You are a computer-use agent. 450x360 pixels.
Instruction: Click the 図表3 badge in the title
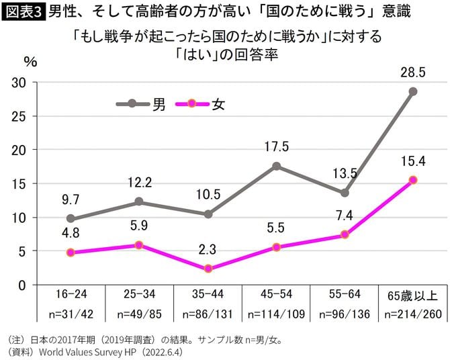pyautogui.click(x=23, y=11)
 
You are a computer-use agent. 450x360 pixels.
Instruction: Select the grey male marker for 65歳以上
pyautogui.click(x=413, y=91)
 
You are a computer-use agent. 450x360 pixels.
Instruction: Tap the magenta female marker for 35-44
pyautogui.click(x=208, y=269)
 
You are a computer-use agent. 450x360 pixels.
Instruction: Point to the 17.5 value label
pyautogui.click(x=276, y=146)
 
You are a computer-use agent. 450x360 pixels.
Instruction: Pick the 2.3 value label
pyautogui.click(x=208, y=249)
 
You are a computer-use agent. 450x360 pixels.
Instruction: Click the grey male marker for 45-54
pyautogui.click(x=276, y=166)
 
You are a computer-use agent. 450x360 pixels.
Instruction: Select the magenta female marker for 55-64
pyautogui.click(x=345, y=234)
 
